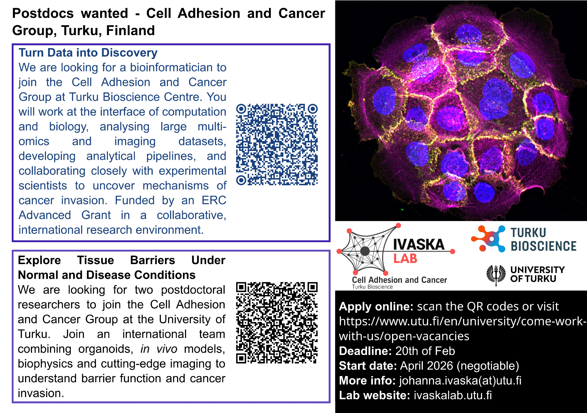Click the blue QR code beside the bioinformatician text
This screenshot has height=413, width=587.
277,145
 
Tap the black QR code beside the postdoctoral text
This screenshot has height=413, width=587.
277,323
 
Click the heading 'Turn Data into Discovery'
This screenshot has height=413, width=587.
88,53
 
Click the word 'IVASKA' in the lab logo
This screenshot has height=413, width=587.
419,244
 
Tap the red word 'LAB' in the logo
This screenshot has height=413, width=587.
405,259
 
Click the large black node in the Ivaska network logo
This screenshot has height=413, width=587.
365,251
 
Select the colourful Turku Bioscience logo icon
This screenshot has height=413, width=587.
488,239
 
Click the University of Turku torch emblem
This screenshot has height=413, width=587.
496,275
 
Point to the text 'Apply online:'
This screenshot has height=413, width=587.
376,307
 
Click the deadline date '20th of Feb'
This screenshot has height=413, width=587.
425,351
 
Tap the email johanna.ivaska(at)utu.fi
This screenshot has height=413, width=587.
460,381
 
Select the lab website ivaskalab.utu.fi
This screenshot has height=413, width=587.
453,395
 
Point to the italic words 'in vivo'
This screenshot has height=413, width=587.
159,349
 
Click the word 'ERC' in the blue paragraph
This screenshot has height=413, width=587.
214,200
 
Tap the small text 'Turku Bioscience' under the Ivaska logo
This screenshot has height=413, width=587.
372,287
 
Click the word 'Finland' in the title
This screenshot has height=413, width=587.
130,30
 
